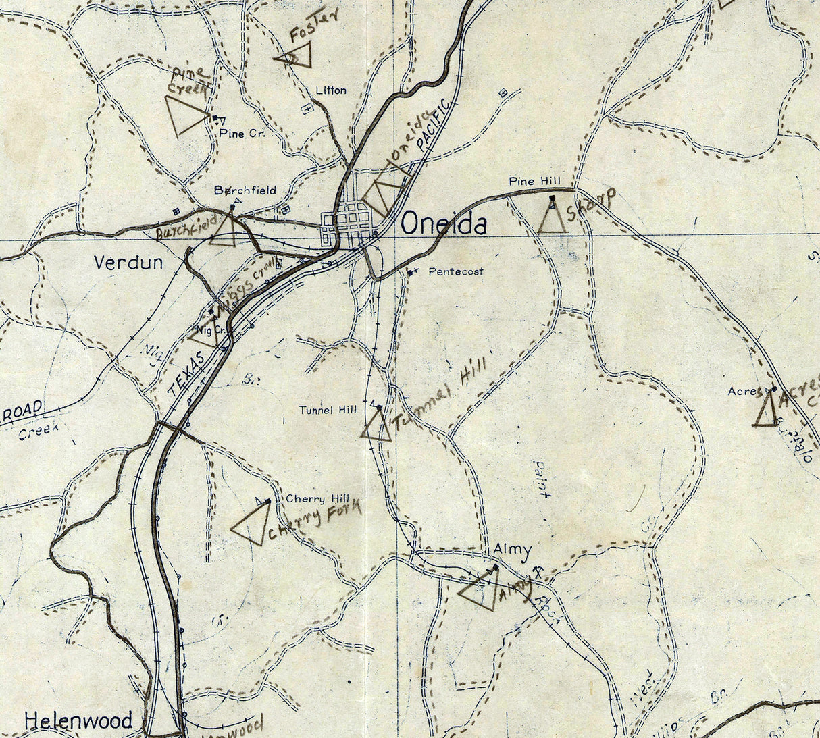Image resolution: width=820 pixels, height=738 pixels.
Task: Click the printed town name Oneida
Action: click(444, 225)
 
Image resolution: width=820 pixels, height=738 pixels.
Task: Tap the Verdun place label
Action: click(128, 262)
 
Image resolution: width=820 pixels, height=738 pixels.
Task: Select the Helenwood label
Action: click(78, 720)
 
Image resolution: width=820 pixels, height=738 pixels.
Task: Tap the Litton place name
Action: click(331, 90)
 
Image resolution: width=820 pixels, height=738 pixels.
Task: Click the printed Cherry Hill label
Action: click(317, 499)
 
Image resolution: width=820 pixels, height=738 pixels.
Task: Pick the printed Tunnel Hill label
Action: click(328, 410)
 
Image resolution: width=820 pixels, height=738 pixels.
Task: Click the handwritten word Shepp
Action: click(591, 205)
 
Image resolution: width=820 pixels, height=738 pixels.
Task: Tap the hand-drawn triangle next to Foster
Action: click(295, 55)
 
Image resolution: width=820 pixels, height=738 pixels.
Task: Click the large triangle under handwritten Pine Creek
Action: click(185, 115)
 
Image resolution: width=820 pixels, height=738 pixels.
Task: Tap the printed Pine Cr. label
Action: click(242, 134)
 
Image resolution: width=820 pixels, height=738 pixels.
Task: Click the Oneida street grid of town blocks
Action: click(348, 223)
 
